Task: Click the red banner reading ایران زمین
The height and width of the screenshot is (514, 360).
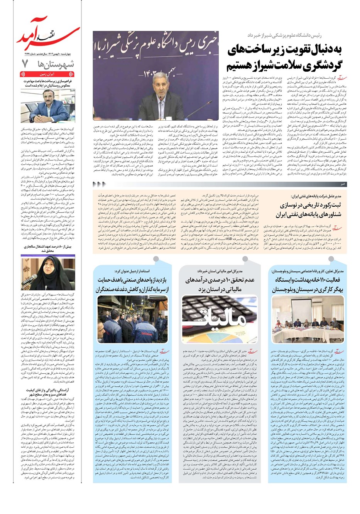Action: [47, 74]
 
